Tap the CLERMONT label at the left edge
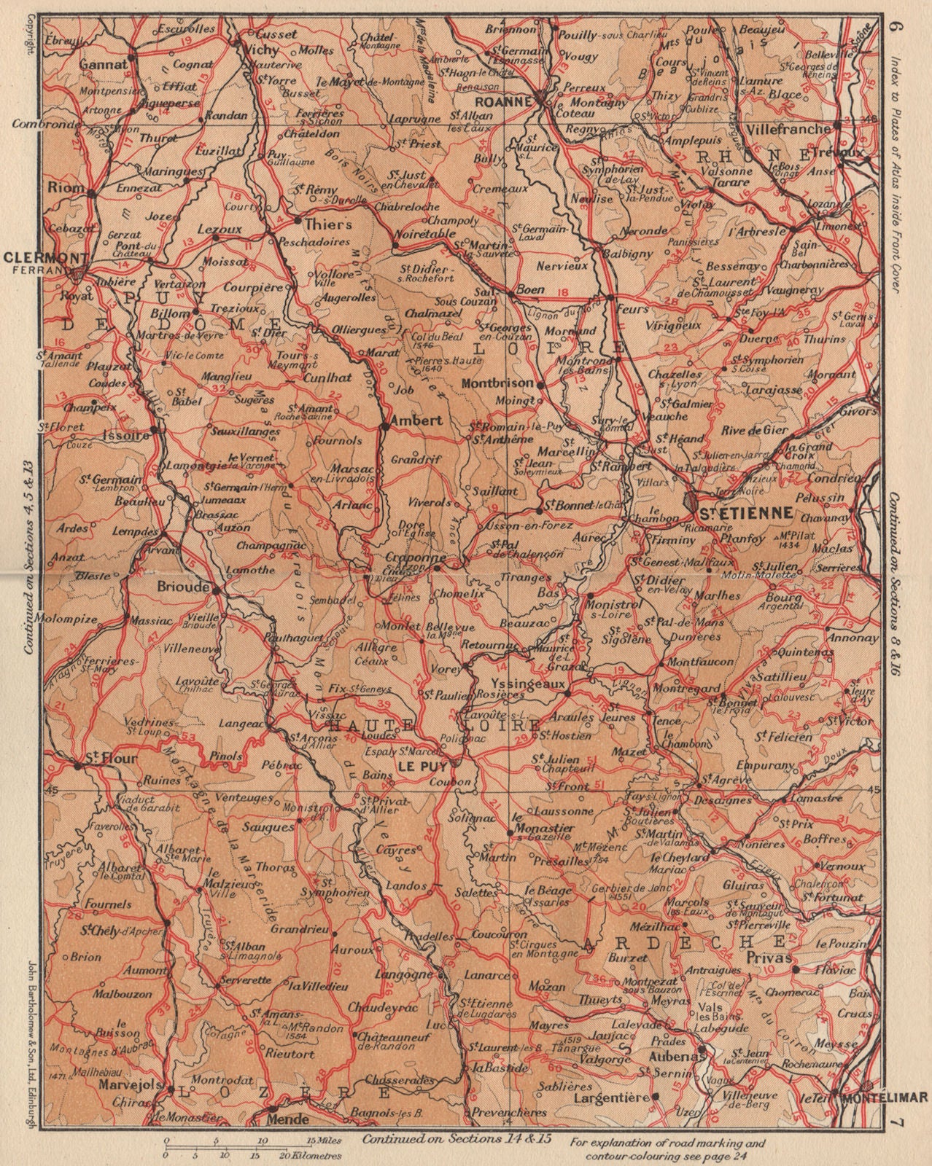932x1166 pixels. click(36, 257)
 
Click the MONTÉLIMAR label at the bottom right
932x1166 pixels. click(884, 1095)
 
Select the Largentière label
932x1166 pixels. click(611, 1096)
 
